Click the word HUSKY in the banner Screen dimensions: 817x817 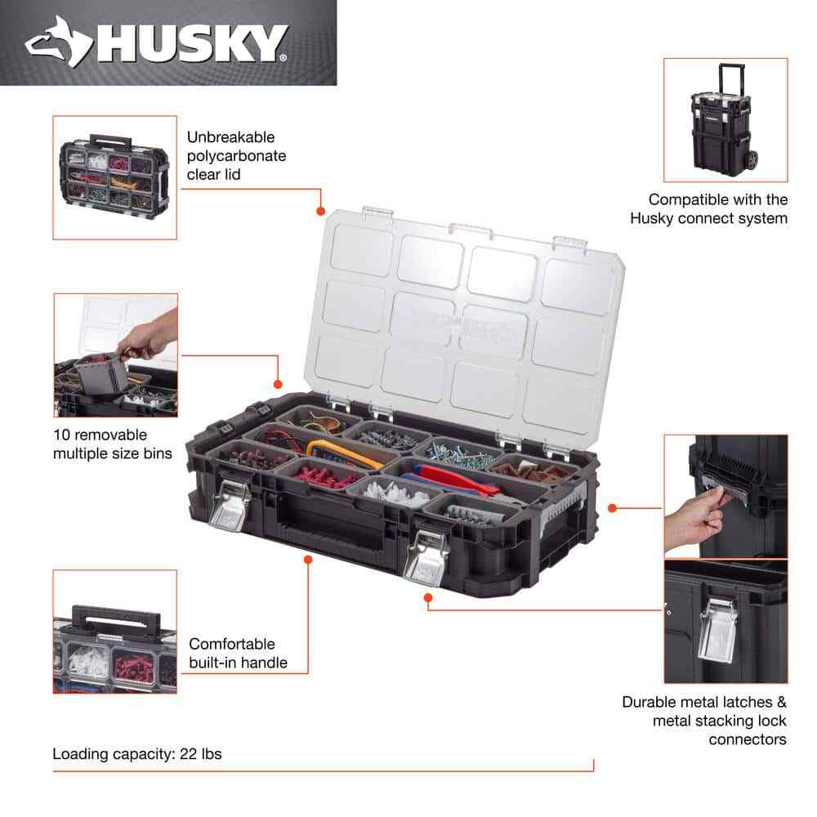click(x=193, y=43)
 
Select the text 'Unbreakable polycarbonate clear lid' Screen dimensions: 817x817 click(x=237, y=155)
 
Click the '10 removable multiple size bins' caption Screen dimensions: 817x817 click(x=112, y=443)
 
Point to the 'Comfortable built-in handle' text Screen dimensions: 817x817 click(x=238, y=653)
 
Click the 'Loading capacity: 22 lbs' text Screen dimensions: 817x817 click(x=137, y=754)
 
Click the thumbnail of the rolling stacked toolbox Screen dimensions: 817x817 click(x=725, y=119)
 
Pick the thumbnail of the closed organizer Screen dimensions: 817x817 click(x=115, y=177)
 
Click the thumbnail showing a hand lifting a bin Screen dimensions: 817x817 click(x=115, y=355)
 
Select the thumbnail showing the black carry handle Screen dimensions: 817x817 click(x=115, y=632)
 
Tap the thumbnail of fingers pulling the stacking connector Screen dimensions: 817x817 click(x=725, y=496)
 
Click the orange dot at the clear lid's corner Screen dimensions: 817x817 click(x=320, y=212)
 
